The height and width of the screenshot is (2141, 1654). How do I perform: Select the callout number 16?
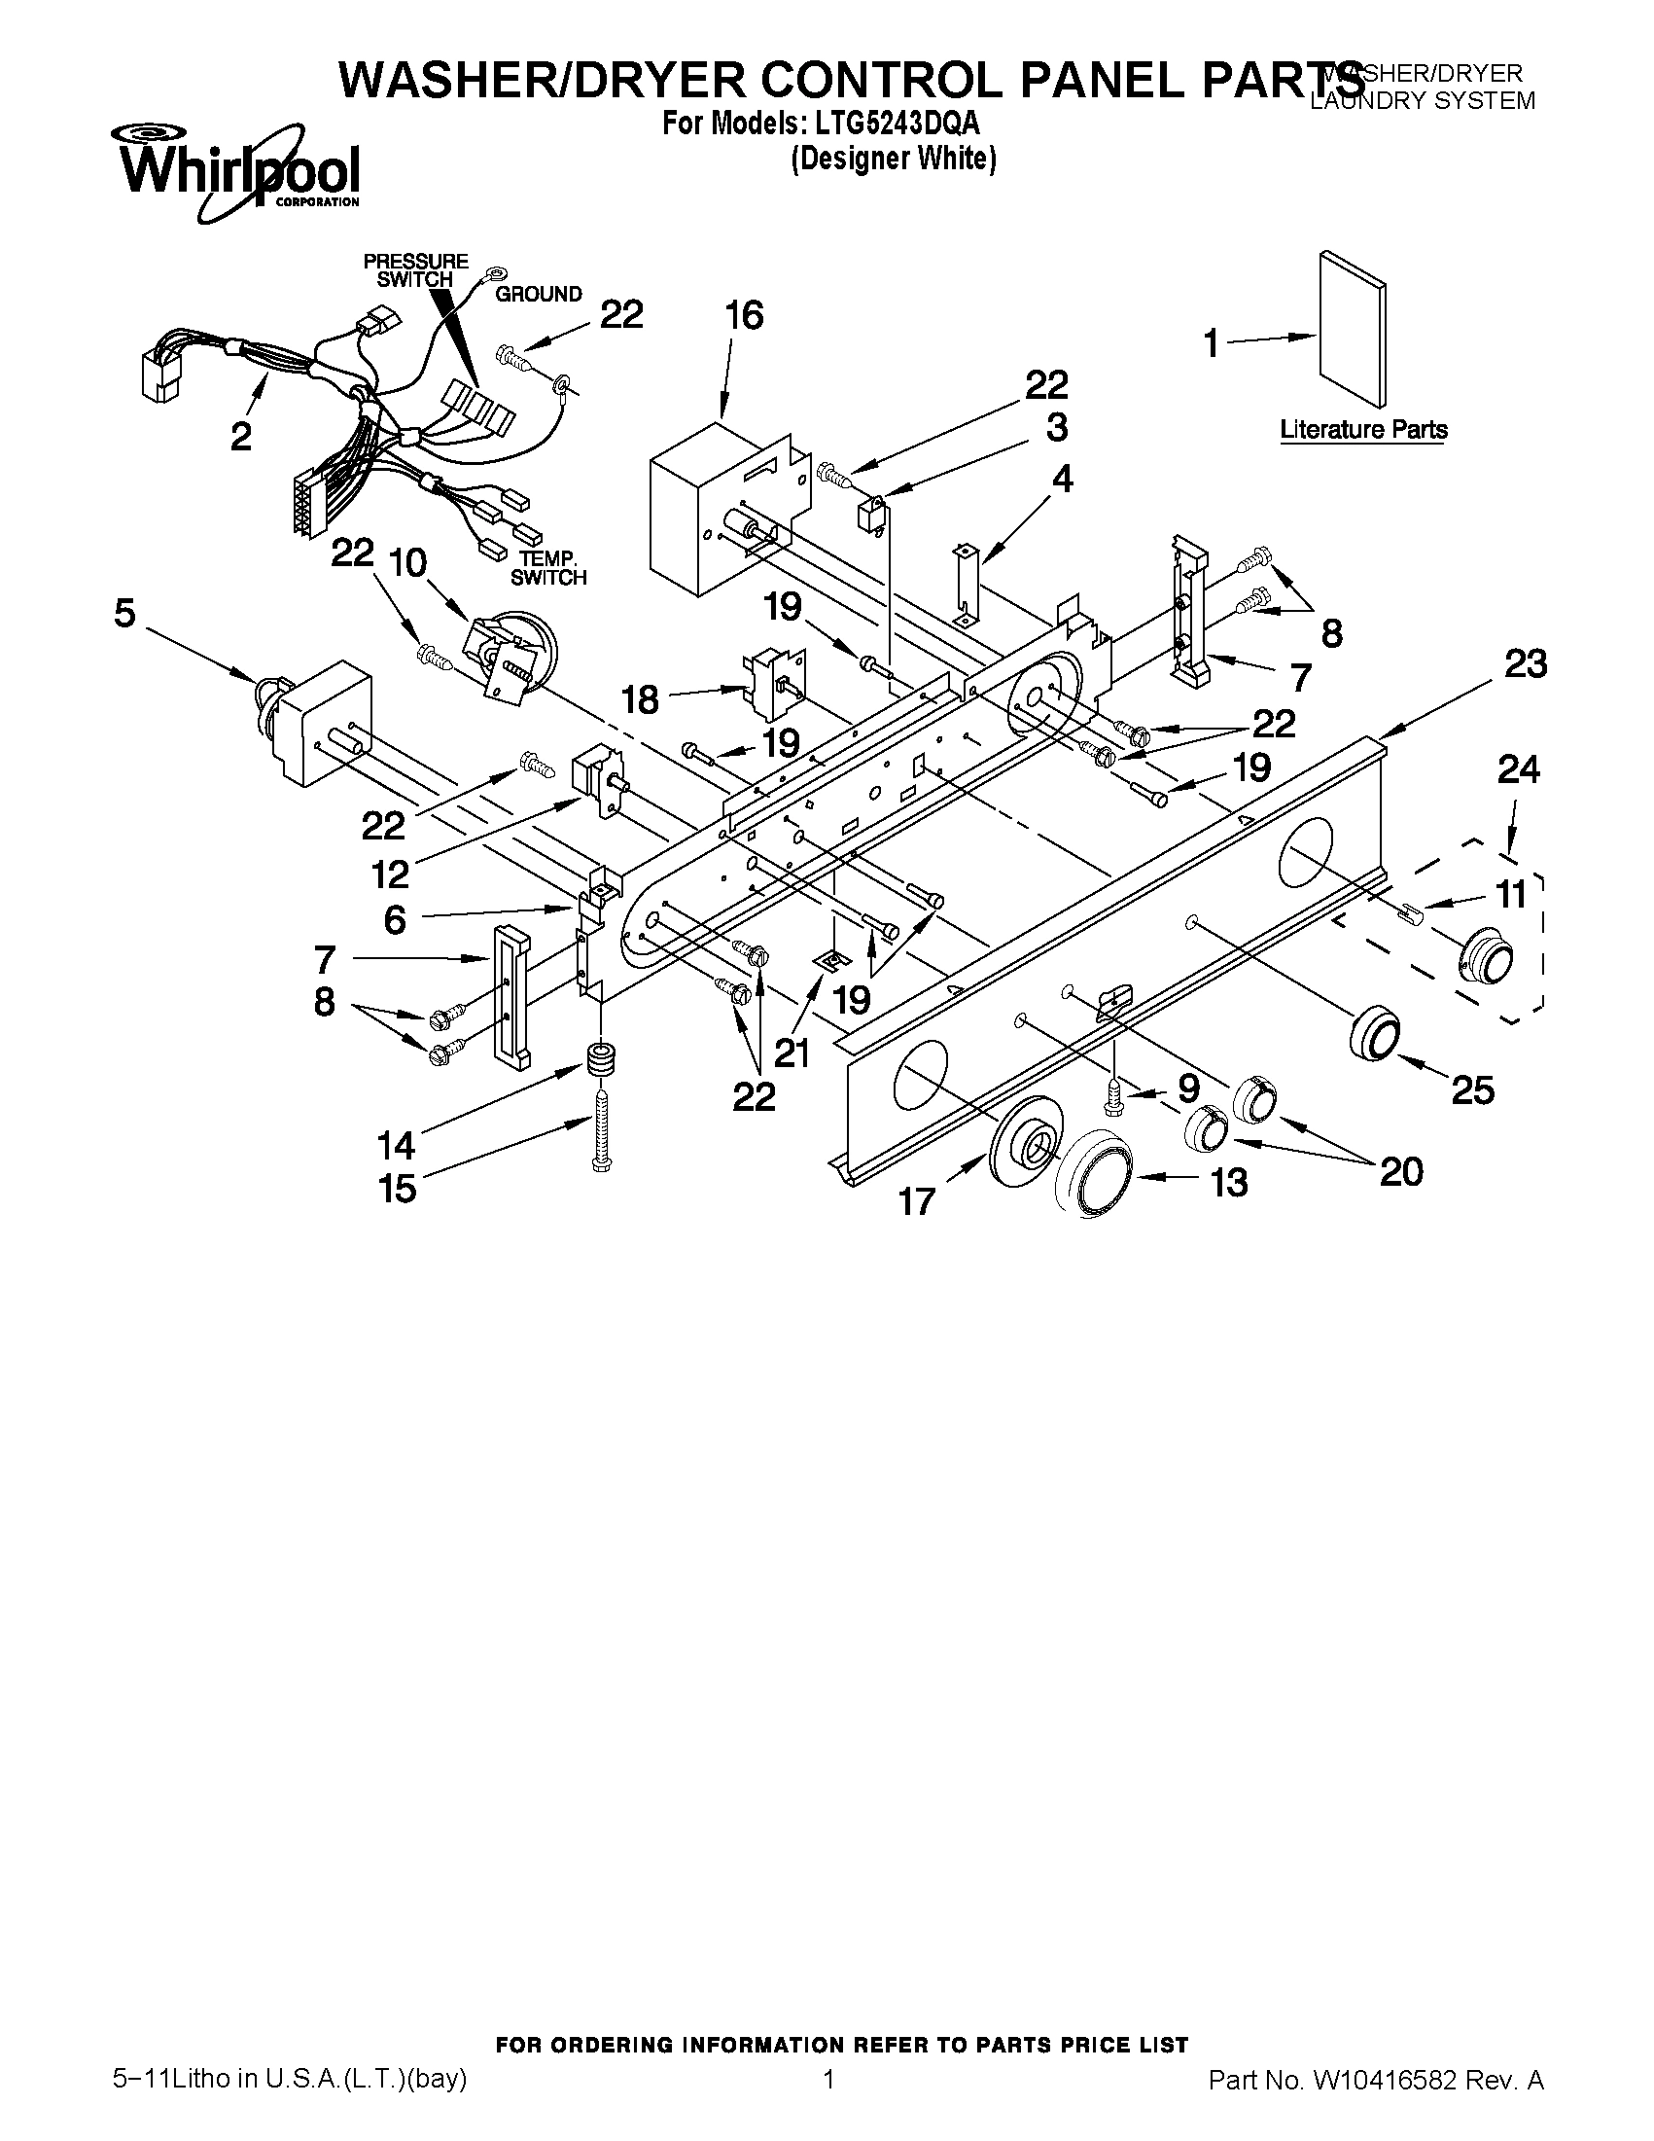pyautogui.click(x=744, y=316)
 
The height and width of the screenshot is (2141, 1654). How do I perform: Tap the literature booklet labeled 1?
pyautogui.click(x=1353, y=329)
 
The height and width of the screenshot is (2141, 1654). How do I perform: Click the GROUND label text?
pyautogui.click(x=538, y=294)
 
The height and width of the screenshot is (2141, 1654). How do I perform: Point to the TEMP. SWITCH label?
pyautogui.click(x=547, y=569)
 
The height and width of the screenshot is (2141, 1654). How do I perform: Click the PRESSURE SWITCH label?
pyautogui.click(x=415, y=270)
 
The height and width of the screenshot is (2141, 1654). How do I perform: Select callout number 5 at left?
pyautogui.click(x=124, y=614)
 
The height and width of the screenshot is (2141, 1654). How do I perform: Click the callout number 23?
pyautogui.click(x=1526, y=663)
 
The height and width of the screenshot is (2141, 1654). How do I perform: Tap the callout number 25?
pyautogui.click(x=1472, y=1089)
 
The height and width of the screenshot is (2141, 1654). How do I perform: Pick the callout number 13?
pyautogui.click(x=1229, y=1182)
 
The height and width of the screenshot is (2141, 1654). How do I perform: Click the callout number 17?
pyautogui.click(x=917, y=1201)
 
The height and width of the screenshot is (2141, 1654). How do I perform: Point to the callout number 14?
pyautogui.click(x=396, y=1144)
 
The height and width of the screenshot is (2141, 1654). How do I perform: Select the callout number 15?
pyautogui.click(x=397, y=1189)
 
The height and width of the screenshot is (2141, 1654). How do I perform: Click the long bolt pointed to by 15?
pyautogui.click(x=601, y=1127)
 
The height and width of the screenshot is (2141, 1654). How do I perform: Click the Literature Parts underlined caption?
pyautogui.click(x=1363, y=429)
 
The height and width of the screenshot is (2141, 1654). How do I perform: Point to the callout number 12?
pyautogui.click(x=390, y=874)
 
